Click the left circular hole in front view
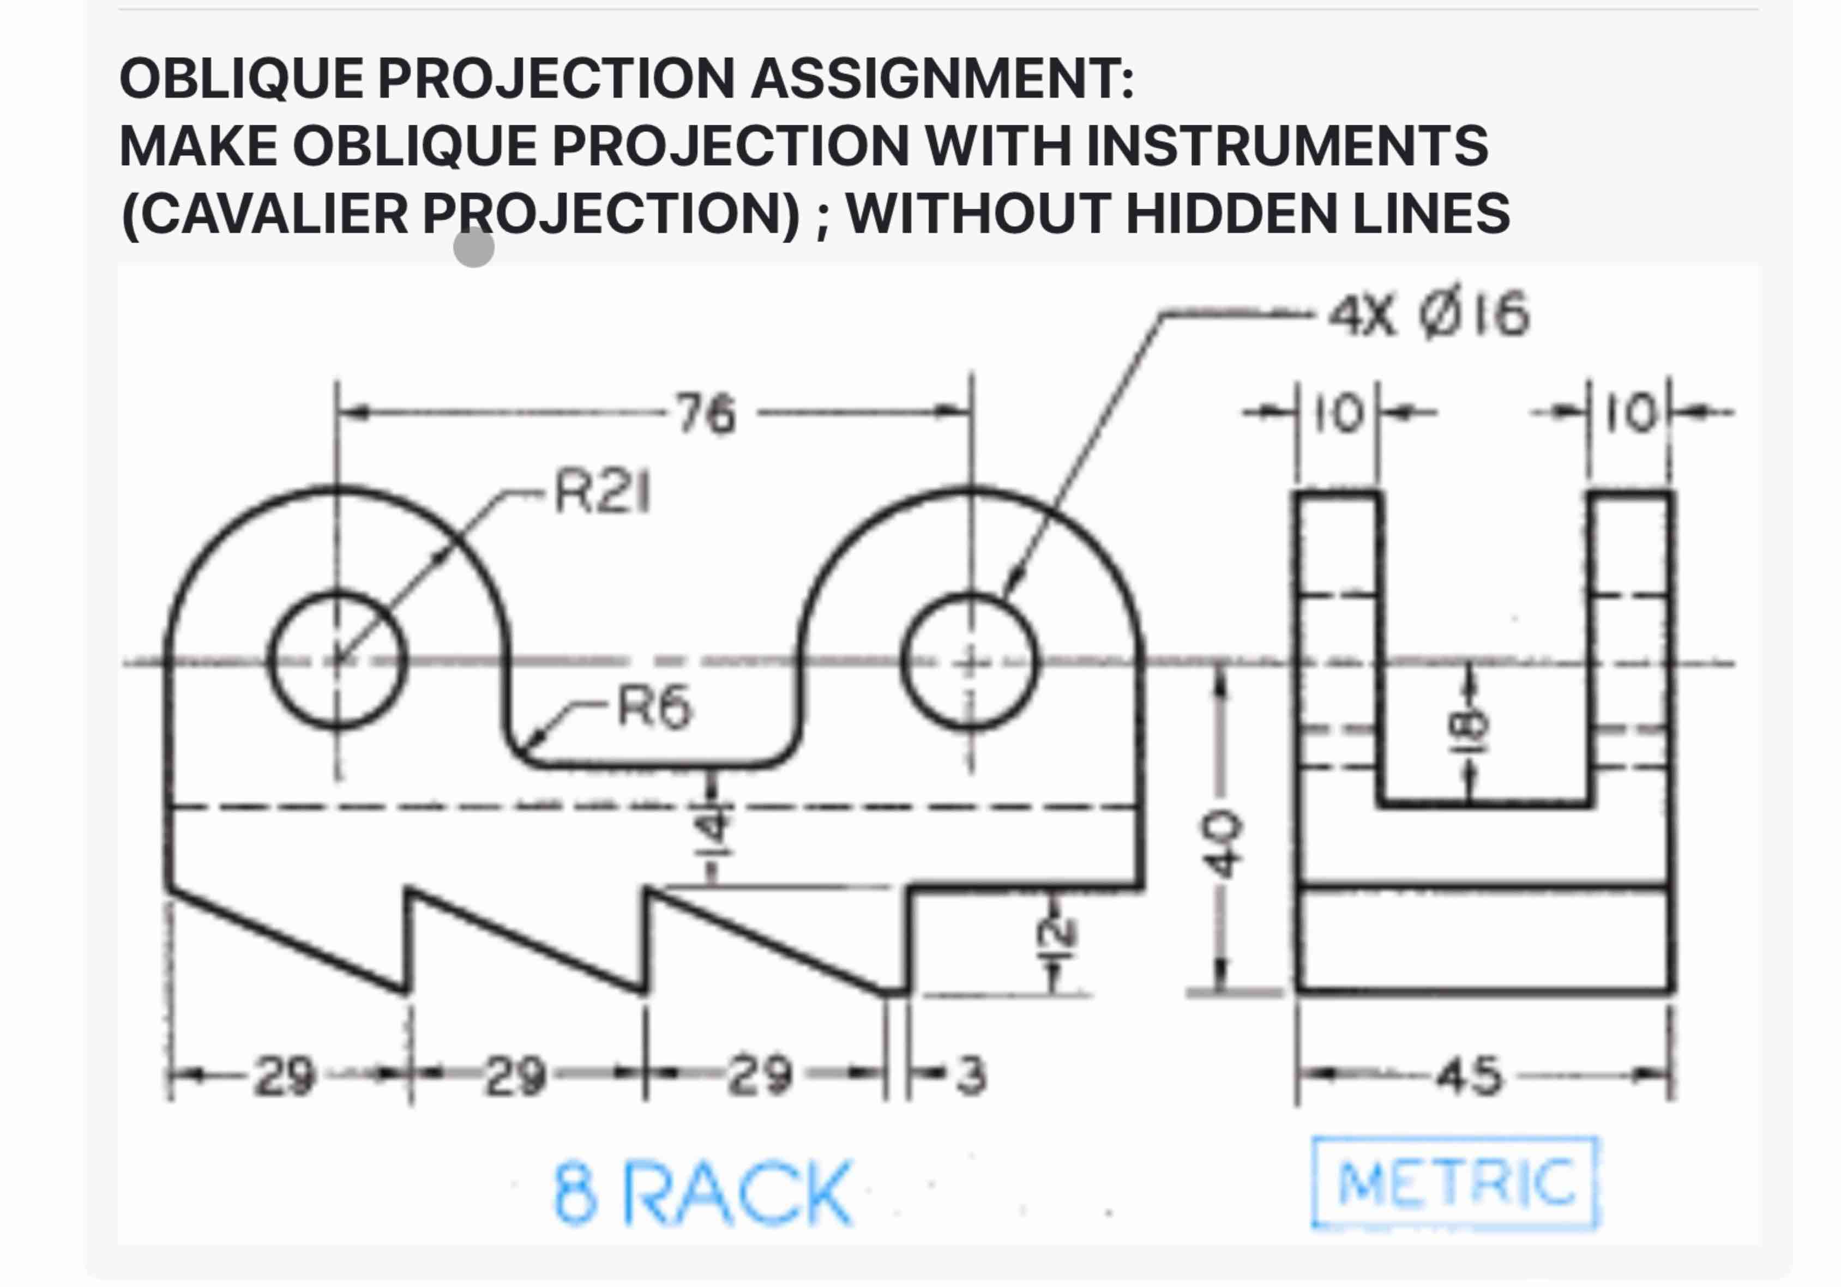[337, 660]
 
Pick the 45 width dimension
[1469, 1075]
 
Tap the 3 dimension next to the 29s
[972, 1075]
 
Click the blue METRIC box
[1454, 1183]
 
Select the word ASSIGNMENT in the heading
[942, 78]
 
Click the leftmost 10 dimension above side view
[1338, 414]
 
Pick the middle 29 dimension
[515, 1075]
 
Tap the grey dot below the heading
[474, 247]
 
